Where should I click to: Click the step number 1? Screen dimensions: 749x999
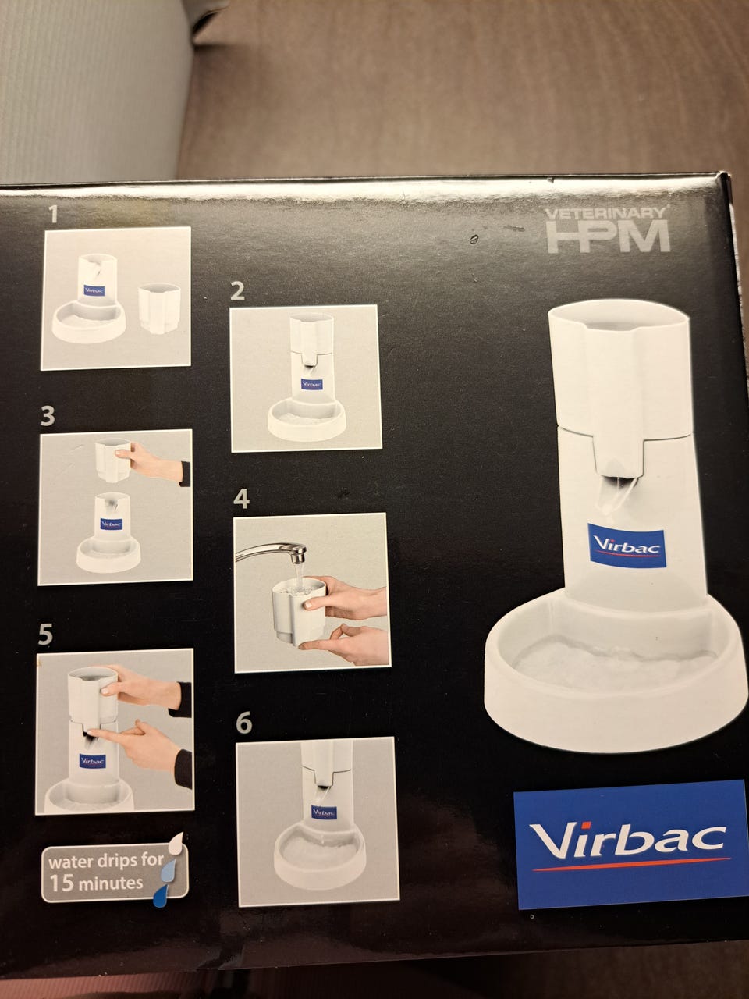pyautogui.click(x=54, y=214)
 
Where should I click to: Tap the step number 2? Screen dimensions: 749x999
pyautogui.click(x=237, y=291)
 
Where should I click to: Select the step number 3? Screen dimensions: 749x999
pyautogui.click(x=48, y=416)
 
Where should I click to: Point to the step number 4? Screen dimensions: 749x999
pyautogui.click(x=241, y=499)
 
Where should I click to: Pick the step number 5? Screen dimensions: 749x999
pyautogui.click(x=45, y=635)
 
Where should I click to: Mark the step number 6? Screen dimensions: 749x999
pyautogui.click(x=243, y=723)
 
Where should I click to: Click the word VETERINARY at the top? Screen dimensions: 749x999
pyautogui.click(x=605, y=213)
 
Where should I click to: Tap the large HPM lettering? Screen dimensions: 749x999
pyautogui.click(x=609, y=236)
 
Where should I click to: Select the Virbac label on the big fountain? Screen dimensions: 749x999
pyautogui.click(x=627, y=546)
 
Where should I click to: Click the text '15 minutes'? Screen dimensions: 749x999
pyautogui.click(x=97, y=883)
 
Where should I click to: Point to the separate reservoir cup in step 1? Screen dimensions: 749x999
pyautogui.click(x=159, y=308)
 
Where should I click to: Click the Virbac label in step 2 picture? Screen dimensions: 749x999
pyautogui.click(x=311, y=384)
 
